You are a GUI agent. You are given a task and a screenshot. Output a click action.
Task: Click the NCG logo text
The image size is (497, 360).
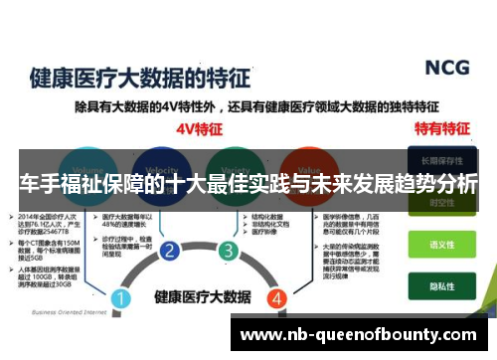coord(447,68)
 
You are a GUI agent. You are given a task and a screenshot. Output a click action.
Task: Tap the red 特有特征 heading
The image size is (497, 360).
coord(441,127)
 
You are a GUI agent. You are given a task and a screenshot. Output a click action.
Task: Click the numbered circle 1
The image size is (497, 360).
coord(120,297)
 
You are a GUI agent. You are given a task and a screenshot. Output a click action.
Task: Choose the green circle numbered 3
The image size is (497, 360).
coord(229,250)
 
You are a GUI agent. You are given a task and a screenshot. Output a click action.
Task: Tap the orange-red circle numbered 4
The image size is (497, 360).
coord(277,297)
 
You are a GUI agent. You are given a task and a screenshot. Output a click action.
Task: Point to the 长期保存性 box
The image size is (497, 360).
coord(440,160)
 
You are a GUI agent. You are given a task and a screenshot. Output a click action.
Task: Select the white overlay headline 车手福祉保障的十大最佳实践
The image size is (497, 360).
coord(248,184)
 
